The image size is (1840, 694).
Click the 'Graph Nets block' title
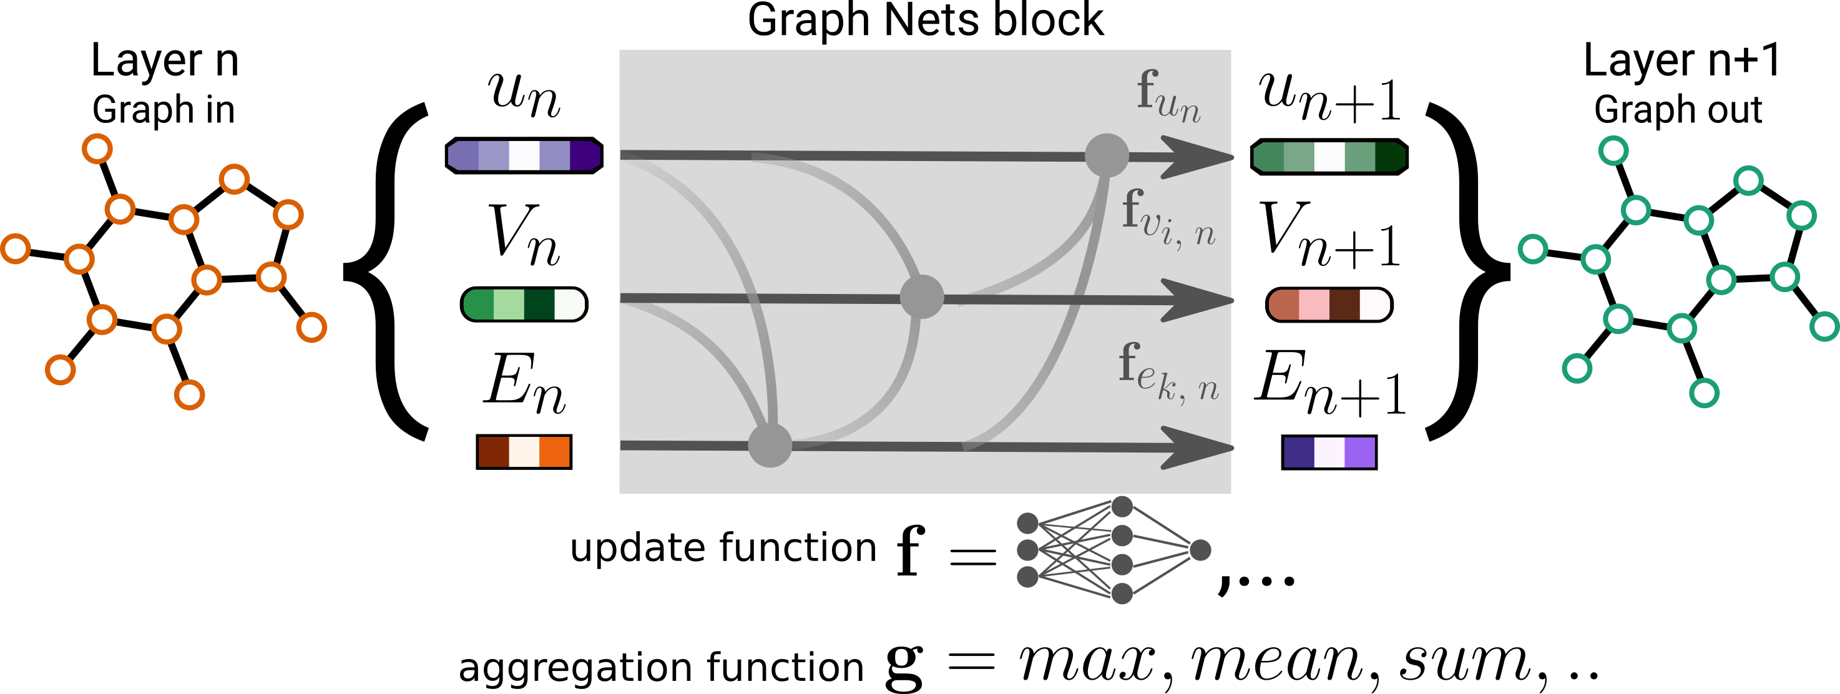[x=925, y=21]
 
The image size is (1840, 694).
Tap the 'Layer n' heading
[x=164, y=61]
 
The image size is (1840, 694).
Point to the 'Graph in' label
[x=164, y=110]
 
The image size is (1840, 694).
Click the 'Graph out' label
[x=1678, y=110]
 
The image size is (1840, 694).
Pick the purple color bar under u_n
[x=524, y=155]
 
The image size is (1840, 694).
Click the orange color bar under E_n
[x=524, y=452]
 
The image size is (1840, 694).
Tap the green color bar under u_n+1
[x=1329, y=157]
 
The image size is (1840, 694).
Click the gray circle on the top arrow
[x=1107, y=155]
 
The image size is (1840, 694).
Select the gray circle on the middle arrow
[x=921, y=296]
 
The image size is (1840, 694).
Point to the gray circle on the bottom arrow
[x=770, y=445]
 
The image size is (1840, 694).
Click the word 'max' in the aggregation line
[x=1087, y=662]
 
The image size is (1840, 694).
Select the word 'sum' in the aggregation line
[x=1464, y=662]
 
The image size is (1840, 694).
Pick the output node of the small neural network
[x=1200, y=550]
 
